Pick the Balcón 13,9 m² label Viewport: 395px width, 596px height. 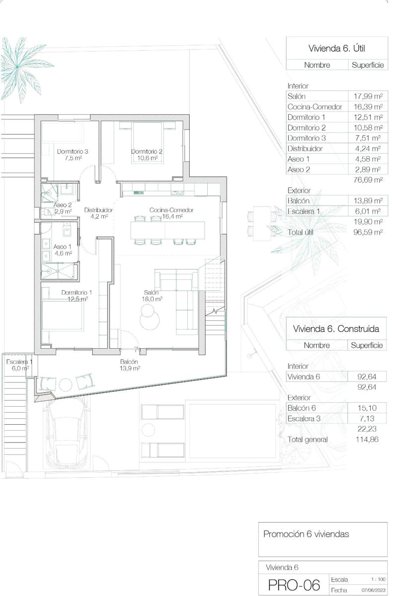pyautogui.click(x=129, y=366)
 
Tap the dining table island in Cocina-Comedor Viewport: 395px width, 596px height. pyautogui.click(x=167, y=229)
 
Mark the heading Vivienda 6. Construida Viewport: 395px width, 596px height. pyautogui.click(x=336, y=329)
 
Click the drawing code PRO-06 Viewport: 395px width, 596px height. pyautogui.click(x=294, y=585)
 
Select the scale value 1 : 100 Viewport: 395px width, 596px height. pyautogui.click(x=378, y=580)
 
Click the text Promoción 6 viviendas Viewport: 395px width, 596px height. pyautogui.click(x=306, y=534)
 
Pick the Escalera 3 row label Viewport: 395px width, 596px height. pyautogui.click(x=304, y=419)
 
